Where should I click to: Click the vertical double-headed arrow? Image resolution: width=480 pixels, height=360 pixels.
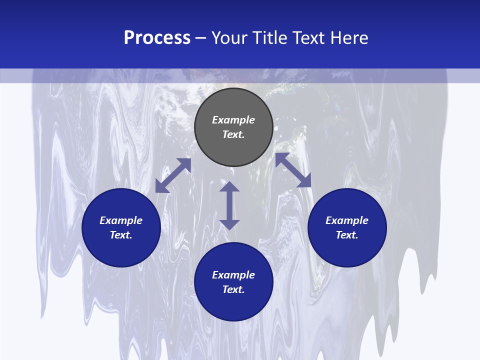coord(229,205)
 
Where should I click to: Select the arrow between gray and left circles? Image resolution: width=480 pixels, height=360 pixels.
coord(173,175)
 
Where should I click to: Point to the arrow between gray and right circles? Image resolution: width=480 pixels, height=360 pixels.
coord(293,170)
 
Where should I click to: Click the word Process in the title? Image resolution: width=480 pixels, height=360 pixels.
coord(157,38)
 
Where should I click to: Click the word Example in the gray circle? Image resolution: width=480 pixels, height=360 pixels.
coord(233,120)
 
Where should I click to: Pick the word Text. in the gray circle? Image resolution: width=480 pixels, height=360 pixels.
coord(233,134)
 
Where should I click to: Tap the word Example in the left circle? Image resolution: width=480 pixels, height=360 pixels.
coord(121,220)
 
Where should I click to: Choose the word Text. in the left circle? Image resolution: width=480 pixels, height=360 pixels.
coord(121,235)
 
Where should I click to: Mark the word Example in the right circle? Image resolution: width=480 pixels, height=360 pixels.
coord(347,220)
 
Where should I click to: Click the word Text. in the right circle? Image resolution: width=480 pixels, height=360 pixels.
coord(347,235)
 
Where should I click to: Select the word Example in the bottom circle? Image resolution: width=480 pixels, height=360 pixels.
coord(233,275)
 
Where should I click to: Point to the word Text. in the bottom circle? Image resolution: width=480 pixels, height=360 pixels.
coord(233,289)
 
